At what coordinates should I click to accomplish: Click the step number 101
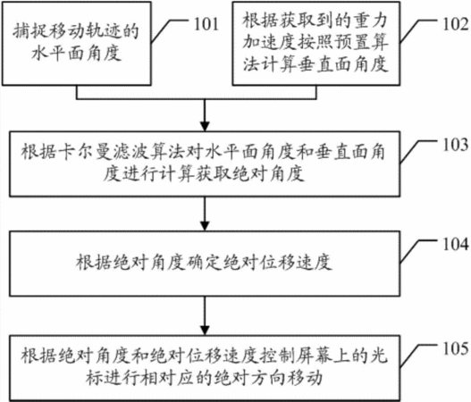(x=206, y=24)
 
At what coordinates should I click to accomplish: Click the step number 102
(x=456, y=24)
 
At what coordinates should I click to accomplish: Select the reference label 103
(x=456, y=145)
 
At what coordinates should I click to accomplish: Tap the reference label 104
(x=456, y=244)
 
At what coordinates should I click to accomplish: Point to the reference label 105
(x=456, y=348)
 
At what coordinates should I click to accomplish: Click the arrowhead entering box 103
(x=205, y=126)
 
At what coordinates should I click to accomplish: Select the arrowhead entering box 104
(x=205, y=226)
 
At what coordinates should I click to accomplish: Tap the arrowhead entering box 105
(x=205, y=331)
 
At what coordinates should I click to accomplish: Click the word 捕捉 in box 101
(x=30, y=31)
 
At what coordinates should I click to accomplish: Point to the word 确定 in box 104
(x=206, y=262)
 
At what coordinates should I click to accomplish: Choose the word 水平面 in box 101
(x=58, y=53)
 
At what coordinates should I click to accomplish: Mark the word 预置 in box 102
(x=350, y=42)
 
